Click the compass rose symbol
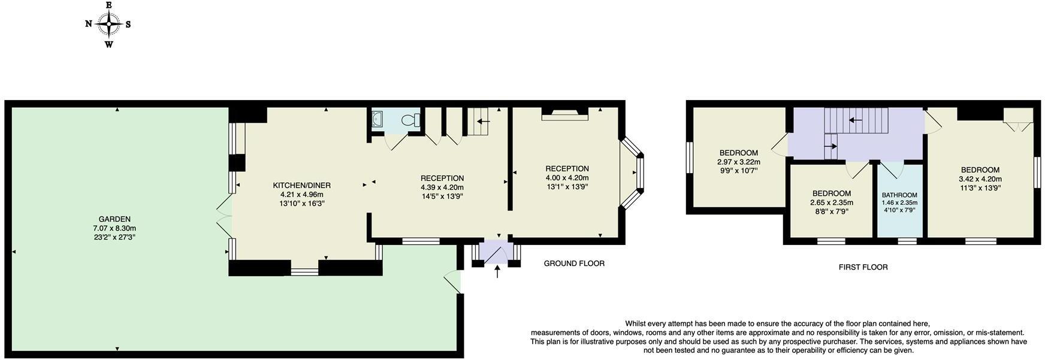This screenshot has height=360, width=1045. tap(108, 25)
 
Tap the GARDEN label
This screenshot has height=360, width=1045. tap(114, 219)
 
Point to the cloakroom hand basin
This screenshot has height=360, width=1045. tap(377, 120)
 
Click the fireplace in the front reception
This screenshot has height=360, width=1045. tap(564, 114)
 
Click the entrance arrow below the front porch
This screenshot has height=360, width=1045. tap(497, 272)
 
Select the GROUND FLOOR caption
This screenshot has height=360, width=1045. tap(574, 264)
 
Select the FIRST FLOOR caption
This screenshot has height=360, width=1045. tap(863, 267)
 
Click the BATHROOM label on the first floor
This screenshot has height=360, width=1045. tap(899, 195)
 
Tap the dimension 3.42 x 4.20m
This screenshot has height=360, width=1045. tap(980, 179)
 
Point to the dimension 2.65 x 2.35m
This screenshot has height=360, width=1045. tap(831, 202)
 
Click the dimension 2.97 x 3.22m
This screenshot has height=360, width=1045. tap(738, 162)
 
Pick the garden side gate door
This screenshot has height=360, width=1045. tap(453, 282)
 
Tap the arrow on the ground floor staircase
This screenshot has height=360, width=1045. tap(484, 121)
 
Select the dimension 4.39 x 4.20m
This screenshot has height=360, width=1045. tap(442, 187)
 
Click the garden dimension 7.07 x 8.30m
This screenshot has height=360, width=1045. tap(114, 228)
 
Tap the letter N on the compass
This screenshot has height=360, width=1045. tap(88, 25)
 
